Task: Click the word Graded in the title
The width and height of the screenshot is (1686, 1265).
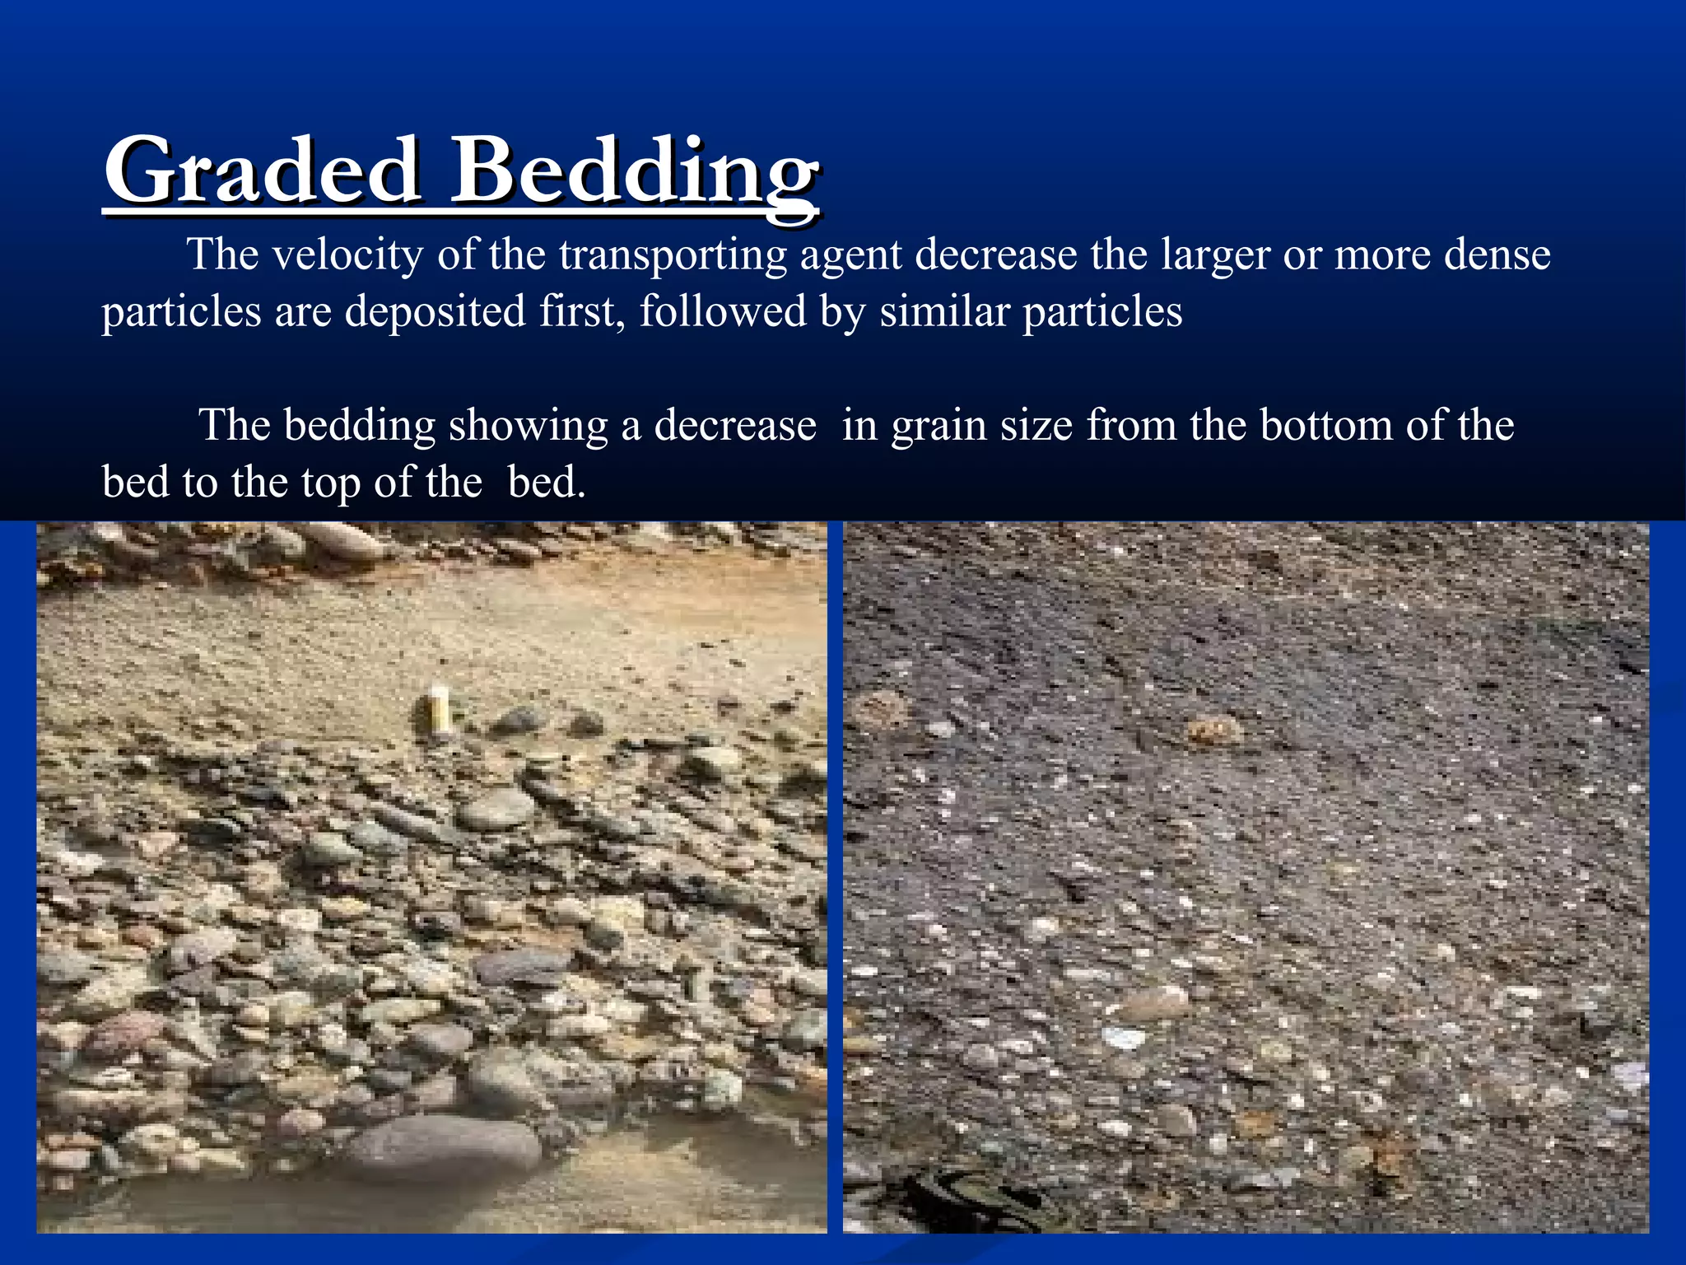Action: coord(261,172)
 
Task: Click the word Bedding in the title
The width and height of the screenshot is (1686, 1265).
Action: coord(635,172)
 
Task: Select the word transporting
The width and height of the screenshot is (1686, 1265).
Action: coord(673,255)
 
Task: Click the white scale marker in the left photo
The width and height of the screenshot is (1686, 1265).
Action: coord(440,708)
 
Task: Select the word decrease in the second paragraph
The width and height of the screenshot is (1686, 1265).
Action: coord(734,425)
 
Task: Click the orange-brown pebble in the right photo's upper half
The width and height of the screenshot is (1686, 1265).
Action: coord(1213,728)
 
